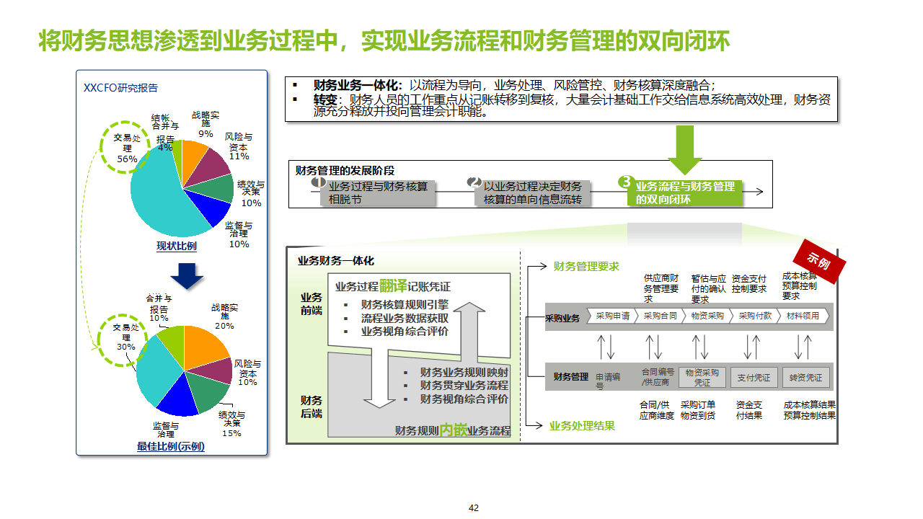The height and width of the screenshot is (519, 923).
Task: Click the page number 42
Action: coord(474,507)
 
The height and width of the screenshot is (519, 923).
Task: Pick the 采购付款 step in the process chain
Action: coord(755,316)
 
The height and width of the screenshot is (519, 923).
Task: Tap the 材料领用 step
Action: coord(803,316)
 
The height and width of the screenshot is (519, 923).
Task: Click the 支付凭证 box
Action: coord(754,377)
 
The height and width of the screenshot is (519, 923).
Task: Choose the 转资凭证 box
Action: coord(805,377)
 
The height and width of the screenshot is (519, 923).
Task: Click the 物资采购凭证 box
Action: coord(702,377)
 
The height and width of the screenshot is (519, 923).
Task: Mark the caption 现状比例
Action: coord(177,247)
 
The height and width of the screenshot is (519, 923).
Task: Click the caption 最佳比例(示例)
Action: coord(171,447)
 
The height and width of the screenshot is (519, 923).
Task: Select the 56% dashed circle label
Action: coord(127,148)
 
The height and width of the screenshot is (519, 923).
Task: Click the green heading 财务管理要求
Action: coord(586,267)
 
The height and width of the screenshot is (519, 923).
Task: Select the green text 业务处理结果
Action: coord(582,426)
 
